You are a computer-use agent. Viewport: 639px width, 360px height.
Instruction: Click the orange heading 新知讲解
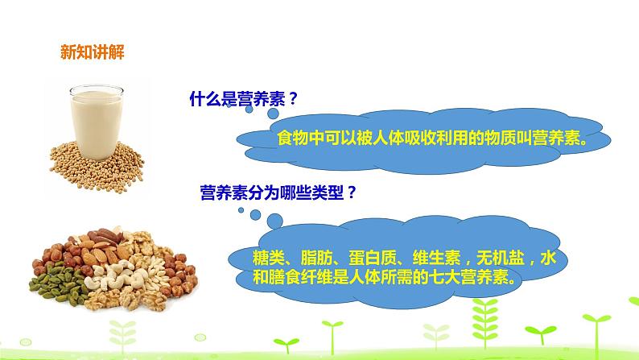tap(92, 54)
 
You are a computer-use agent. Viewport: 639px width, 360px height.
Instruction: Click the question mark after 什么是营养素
tap(294, 100)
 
